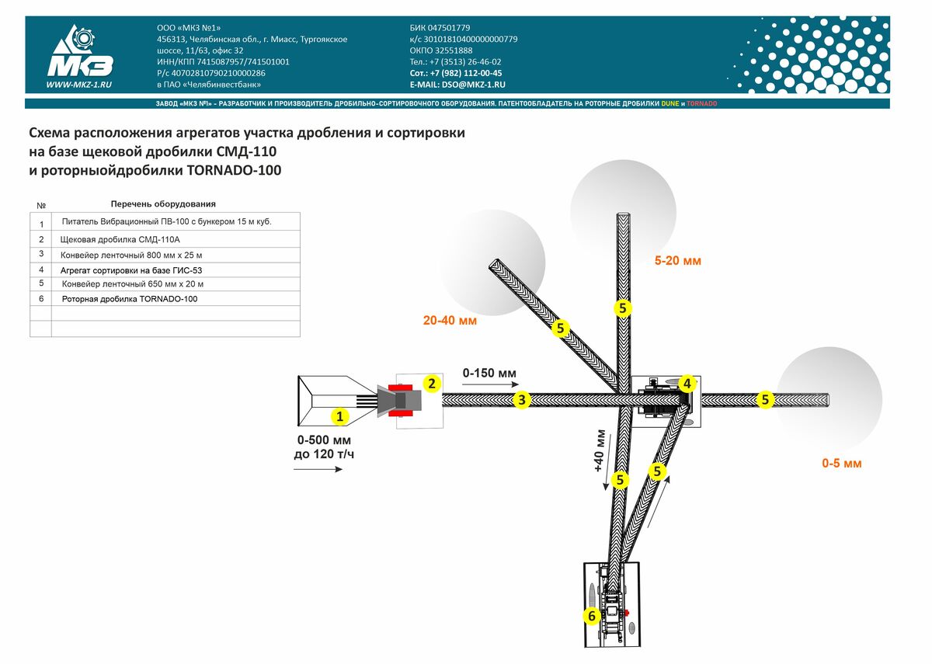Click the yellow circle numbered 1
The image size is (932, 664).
tap(339, 417)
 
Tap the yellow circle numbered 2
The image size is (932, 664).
tap(432, 383)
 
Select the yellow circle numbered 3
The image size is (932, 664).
tap(523, 401)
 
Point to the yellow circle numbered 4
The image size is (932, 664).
tap(687, 383)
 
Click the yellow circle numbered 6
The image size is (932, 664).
tap(592, 616)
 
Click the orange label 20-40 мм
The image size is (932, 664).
tap(450, 320)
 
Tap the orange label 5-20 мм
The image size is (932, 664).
tap(677, 261)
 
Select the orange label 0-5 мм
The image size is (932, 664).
tap(842, 464)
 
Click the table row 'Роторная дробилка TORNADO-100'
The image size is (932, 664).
tap(129, 299)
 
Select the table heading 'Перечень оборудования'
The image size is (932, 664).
tap(162, 204)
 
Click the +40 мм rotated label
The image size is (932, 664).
tap(599, 450)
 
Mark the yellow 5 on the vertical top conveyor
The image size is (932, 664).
tap(622, 308)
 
